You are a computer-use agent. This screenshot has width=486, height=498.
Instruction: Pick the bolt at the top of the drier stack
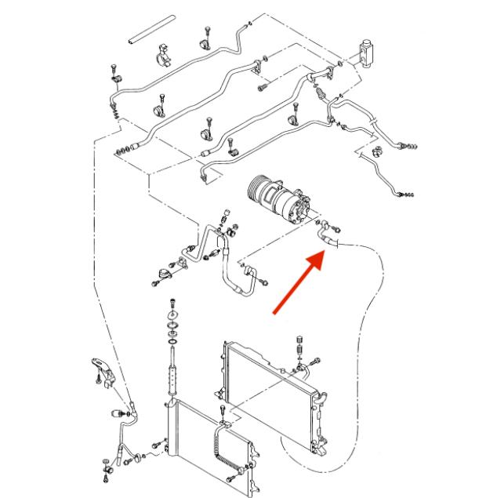click(x=171, y=304)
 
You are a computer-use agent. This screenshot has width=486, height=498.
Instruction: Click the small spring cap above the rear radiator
click(x=299, y=344)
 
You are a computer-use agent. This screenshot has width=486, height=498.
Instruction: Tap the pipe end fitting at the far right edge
click(x=408, y=192)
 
